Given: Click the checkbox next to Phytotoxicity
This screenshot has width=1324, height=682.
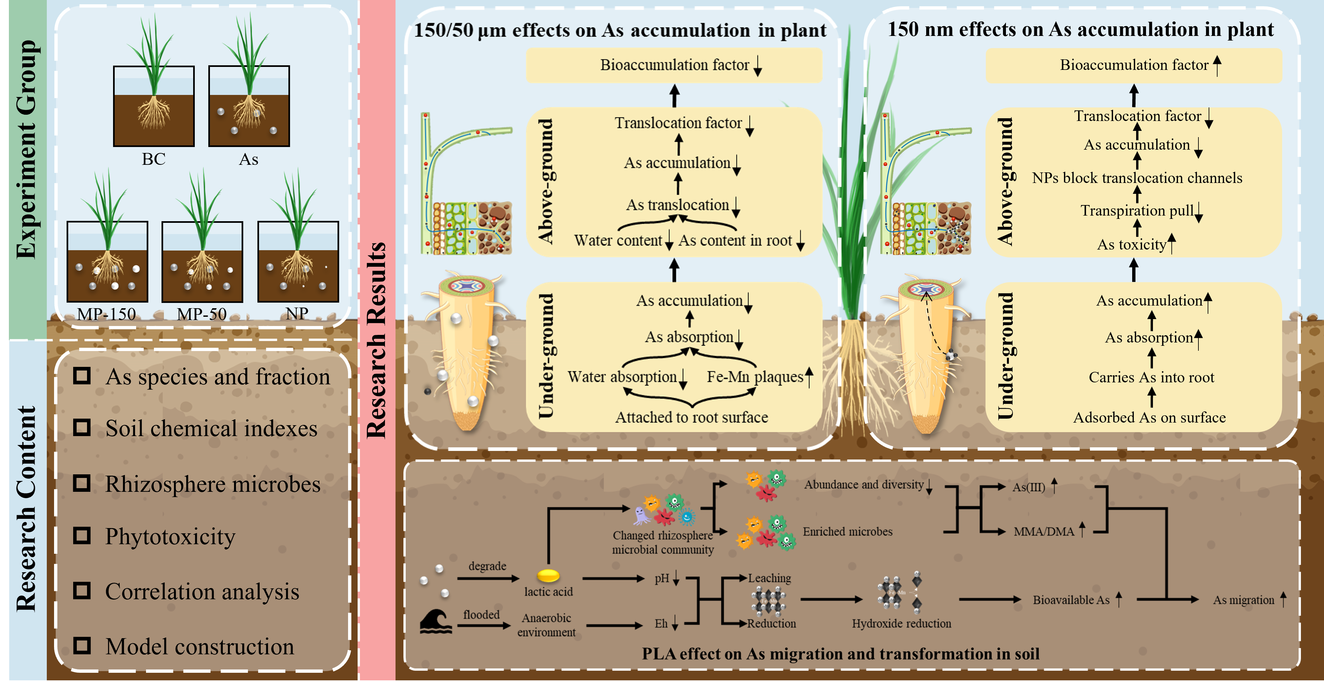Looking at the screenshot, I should pyautogui.click(x=82, y=536).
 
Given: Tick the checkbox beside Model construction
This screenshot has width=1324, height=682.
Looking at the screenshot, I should pyautogui.click(x=82, y=645).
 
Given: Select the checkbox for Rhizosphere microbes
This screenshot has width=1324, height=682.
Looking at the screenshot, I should pyautogui.click(x=82, y=483).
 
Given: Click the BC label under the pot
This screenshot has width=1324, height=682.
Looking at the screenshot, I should pyautogui.click(x=154, y=159).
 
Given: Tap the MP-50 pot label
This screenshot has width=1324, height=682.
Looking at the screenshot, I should pyautogui.click(x=201, y=314).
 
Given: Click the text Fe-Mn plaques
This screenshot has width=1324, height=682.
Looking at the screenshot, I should pyautogui.click(x=754, y=377).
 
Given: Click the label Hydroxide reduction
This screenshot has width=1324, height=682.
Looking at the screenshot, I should pyautogui.click(x=901, y=623).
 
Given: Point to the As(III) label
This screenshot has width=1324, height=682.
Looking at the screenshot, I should pyautogui.click(x=1028, y=487).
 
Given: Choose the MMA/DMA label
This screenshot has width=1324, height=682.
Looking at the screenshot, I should pyautogui.click(x=1044, y=531).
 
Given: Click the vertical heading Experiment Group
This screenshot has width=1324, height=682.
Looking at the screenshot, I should pyautogui.click(x=27, y=149).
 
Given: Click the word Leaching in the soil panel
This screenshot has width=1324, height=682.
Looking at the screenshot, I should pyautogui.click(x=769, y=578).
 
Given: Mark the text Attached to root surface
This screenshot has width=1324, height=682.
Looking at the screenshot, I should pyautogui.click(x=691, y=417).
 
